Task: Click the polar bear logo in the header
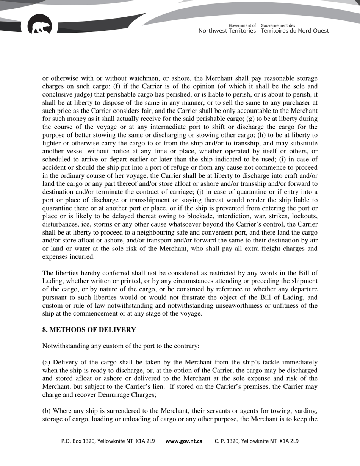point(40,25)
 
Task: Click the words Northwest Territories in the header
point(227,31)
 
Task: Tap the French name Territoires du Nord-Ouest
point(295,31)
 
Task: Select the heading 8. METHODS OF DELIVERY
point(89,330)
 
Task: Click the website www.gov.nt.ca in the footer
point(184,441)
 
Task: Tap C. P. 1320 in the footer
point(227,441)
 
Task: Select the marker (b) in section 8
point(46,411)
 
